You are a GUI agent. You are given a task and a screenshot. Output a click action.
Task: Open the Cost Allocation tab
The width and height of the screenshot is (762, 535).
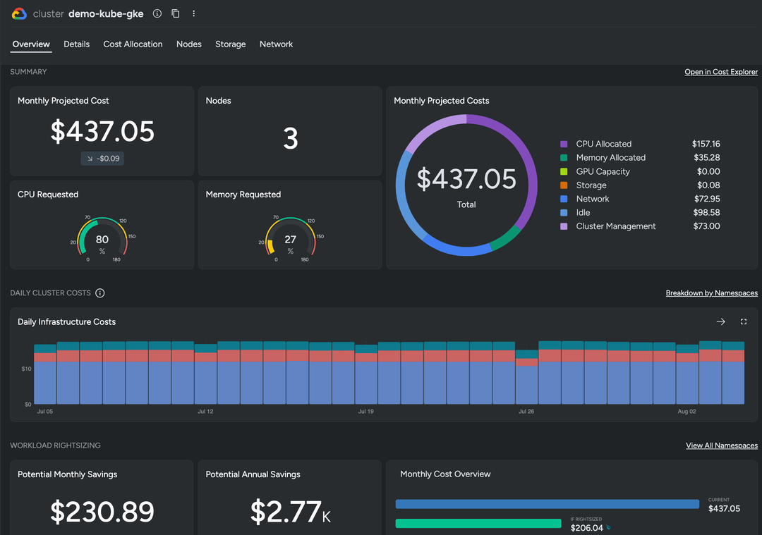[x=133, y=44]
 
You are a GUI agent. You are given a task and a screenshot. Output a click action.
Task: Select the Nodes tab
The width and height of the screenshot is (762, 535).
[x=189, y=44]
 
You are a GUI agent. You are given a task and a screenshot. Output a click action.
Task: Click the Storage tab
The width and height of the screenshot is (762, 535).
[x=231, y=44]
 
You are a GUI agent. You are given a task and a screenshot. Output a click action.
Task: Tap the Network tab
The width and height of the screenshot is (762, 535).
[x=276, y=44]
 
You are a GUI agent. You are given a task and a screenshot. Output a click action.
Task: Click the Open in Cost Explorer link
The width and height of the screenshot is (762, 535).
[x=721, y=72]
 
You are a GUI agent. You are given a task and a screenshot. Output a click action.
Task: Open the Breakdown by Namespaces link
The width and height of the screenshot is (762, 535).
[x=711, y=293]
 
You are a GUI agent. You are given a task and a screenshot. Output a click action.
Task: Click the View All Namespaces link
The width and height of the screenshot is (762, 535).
[x=721, y=445]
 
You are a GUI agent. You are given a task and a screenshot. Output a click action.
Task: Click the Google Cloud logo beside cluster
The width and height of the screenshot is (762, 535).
[x=19, y=13]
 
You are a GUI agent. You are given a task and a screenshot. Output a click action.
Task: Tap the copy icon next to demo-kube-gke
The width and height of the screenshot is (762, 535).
[x=176, y=13]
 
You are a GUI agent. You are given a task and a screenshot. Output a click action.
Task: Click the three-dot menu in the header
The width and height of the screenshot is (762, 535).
[x=194, y=13]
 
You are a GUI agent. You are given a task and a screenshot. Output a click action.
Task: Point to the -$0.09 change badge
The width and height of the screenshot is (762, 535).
[x=102, y=159]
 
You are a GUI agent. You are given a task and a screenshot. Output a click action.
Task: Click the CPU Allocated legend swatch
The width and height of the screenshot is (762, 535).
[x=564, y=144]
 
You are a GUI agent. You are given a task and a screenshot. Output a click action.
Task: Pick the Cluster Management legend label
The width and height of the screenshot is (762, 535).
[x=615, y=226]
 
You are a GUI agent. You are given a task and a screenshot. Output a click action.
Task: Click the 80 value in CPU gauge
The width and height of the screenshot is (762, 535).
[x=102, y=240]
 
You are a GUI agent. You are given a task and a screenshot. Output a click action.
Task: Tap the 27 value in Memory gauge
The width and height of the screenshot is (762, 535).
[x=290, y=240]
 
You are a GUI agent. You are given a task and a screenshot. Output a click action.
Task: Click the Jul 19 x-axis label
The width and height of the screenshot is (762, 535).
[x=365, y=412]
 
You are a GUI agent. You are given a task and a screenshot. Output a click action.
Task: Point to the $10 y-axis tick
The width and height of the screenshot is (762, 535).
[x=26, y=369]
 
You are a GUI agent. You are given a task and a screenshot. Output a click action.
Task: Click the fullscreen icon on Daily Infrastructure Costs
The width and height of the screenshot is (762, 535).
[x=744, y=322]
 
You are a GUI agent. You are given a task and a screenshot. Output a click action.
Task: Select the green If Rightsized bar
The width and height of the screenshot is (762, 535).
[x=478, y=524]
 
